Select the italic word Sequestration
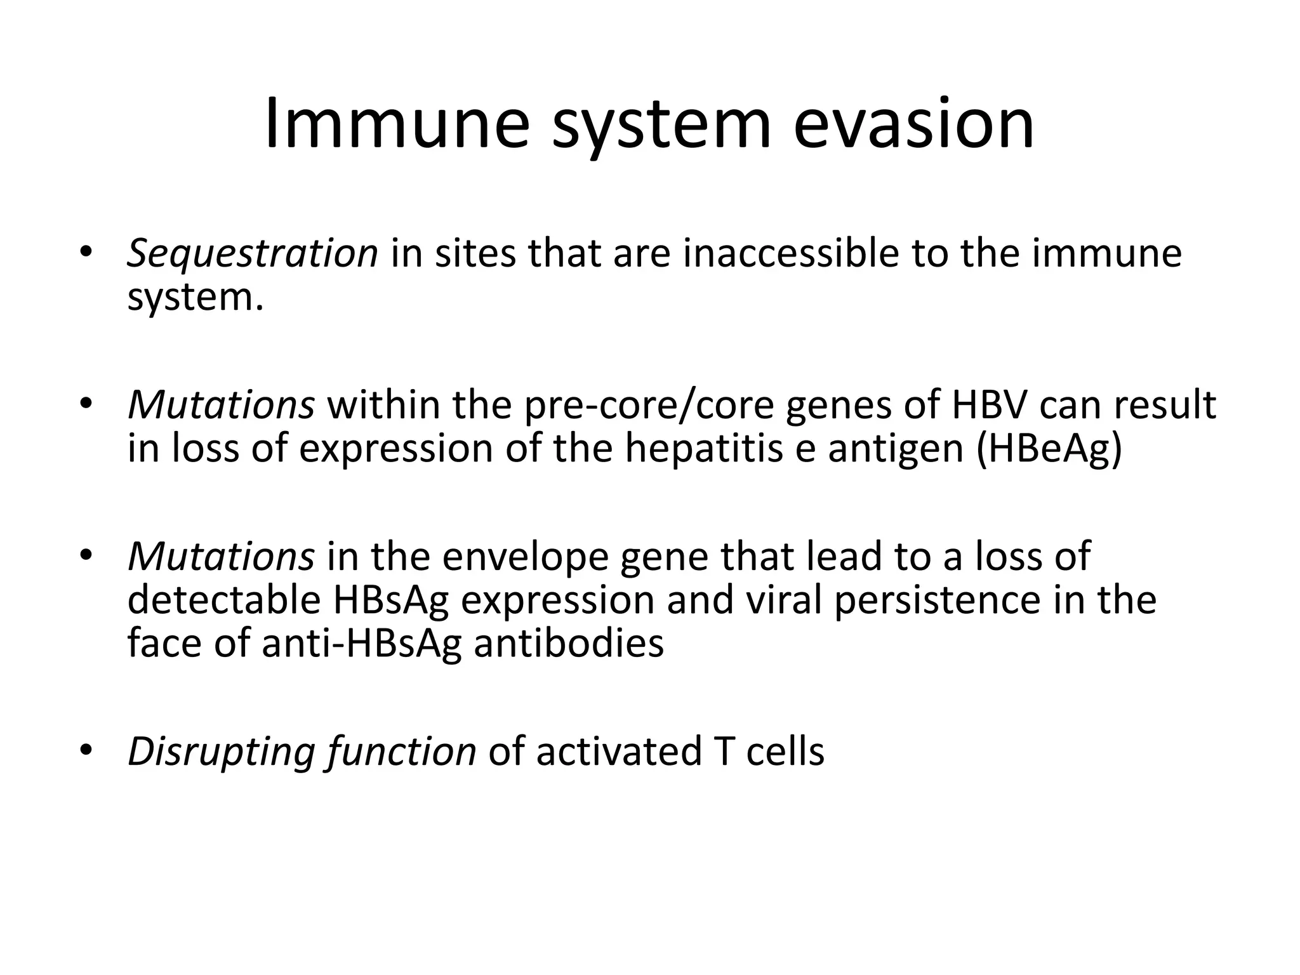click(253, 254)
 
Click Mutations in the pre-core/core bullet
click(221, 404)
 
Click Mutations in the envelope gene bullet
click(221, 556)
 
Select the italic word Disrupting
click(221, 752)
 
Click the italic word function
click(402, 752)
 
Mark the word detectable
click(223, 600)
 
